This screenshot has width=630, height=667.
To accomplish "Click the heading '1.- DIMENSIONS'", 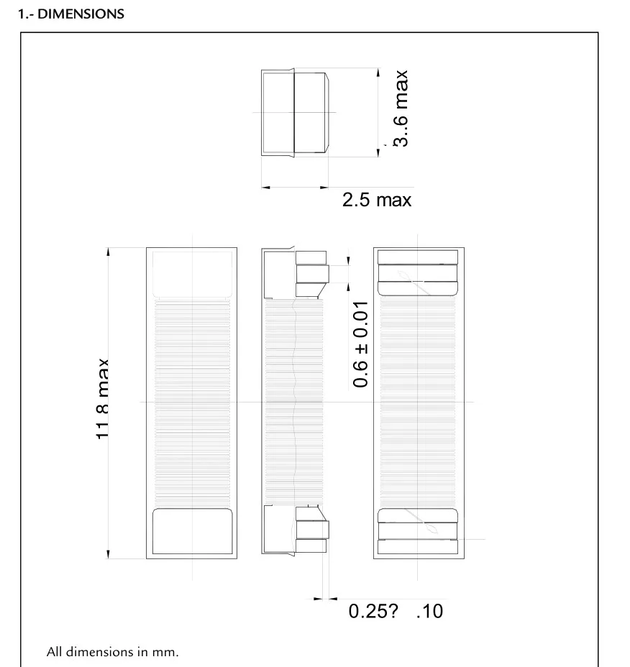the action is click(71, 14).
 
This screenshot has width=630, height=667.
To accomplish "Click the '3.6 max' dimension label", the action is click(401, 109).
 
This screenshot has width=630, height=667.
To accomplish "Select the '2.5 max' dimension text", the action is click(377, 200).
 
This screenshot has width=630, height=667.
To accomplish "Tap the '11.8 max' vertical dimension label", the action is click(103, 399).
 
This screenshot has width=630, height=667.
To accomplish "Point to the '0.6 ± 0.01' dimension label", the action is click(360, 344).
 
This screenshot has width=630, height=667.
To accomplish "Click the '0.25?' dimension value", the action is click(373, 611).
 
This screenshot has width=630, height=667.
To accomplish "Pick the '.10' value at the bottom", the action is click(430, 611).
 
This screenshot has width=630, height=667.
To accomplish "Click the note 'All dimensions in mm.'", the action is click(112, 652).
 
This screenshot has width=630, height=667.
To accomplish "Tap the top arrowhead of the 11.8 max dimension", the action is click(108, 252).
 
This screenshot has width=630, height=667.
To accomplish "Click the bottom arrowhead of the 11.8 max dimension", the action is click(108, 554).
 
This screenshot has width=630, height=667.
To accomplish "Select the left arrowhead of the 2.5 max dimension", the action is click(266, 187).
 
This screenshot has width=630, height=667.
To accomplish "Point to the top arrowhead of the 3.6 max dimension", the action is click(378, 73).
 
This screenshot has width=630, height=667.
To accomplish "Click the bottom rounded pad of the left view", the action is click(193, 531).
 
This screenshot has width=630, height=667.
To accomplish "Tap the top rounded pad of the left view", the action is click(193, 274).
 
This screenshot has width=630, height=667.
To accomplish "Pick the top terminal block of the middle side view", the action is click(312, 274).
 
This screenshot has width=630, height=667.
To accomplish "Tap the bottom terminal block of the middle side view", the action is click(312, 529).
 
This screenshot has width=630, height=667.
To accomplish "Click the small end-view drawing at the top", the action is click(295, 113).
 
